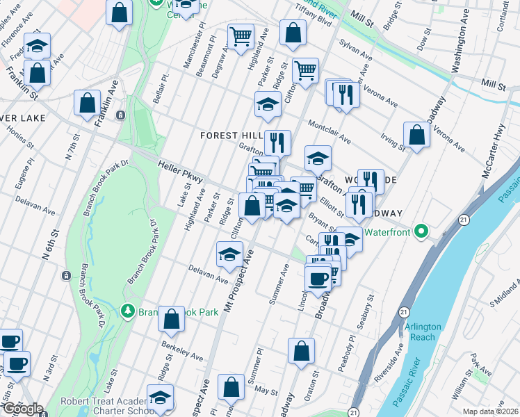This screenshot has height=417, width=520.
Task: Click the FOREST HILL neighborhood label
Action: pos(230,135)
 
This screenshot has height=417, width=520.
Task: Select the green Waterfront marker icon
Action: pos(421,231)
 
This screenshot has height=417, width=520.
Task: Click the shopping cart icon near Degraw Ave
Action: pos(241,35)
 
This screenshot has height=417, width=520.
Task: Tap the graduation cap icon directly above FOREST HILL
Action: pos(268,104)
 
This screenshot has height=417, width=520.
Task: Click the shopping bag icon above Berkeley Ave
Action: pos(171,318)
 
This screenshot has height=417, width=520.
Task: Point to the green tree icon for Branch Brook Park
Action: pos(127,310)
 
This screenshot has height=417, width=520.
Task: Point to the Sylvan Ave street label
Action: pos(357,49)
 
